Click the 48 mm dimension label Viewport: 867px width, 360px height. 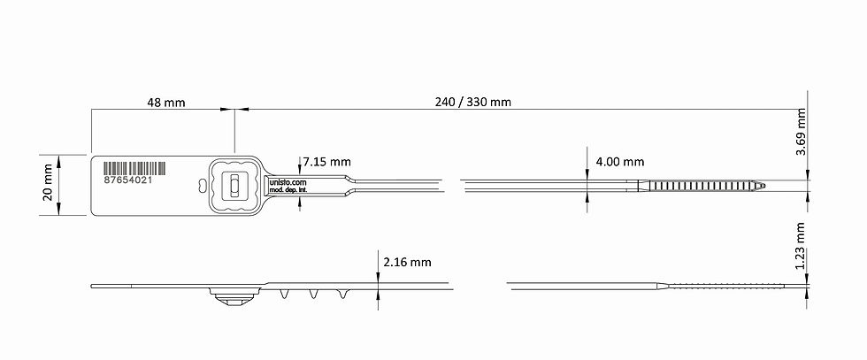pos(166,103)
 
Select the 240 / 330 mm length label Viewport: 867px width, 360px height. pos(472,102)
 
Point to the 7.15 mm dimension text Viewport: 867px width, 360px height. pos(327,162)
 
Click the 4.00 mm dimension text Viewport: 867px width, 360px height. pos(620,162)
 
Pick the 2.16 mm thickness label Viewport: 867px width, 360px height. pos(407,262)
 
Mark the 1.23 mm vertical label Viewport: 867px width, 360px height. pos(800,246)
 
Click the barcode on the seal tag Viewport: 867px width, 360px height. pos(134,169)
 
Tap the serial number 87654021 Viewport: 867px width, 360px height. pos(127,180)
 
